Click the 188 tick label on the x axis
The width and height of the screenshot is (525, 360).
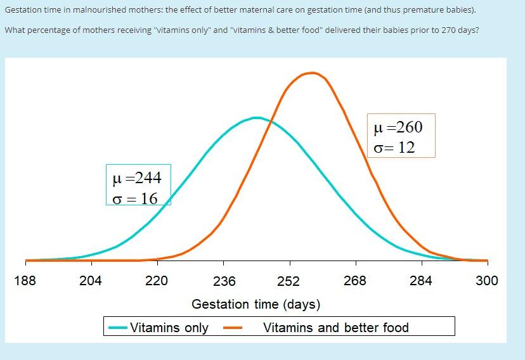pos(25,281)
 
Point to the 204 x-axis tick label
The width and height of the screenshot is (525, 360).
pos(91,281)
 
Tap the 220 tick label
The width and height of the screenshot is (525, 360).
pos(157,281)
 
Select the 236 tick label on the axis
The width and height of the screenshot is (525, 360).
pos(224,281)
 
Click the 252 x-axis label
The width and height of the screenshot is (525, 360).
pos(288,281)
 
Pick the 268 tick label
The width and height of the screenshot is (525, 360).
pos(354,281)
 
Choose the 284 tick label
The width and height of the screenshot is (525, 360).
pos(420,281)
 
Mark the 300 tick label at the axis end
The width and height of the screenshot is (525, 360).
pos(486,281)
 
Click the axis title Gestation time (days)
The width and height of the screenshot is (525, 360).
pos(256,304)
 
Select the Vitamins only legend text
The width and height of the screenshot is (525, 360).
pos(169,328)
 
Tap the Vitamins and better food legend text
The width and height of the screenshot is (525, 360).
pos(335,328)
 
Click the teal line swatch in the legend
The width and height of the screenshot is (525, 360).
pos(118,328)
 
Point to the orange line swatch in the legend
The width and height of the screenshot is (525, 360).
pos(234,328)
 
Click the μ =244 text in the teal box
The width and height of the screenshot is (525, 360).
pos(136,177)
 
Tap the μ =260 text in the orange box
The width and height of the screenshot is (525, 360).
pos(398,127)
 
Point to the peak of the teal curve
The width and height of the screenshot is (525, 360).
pos(256,117)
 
